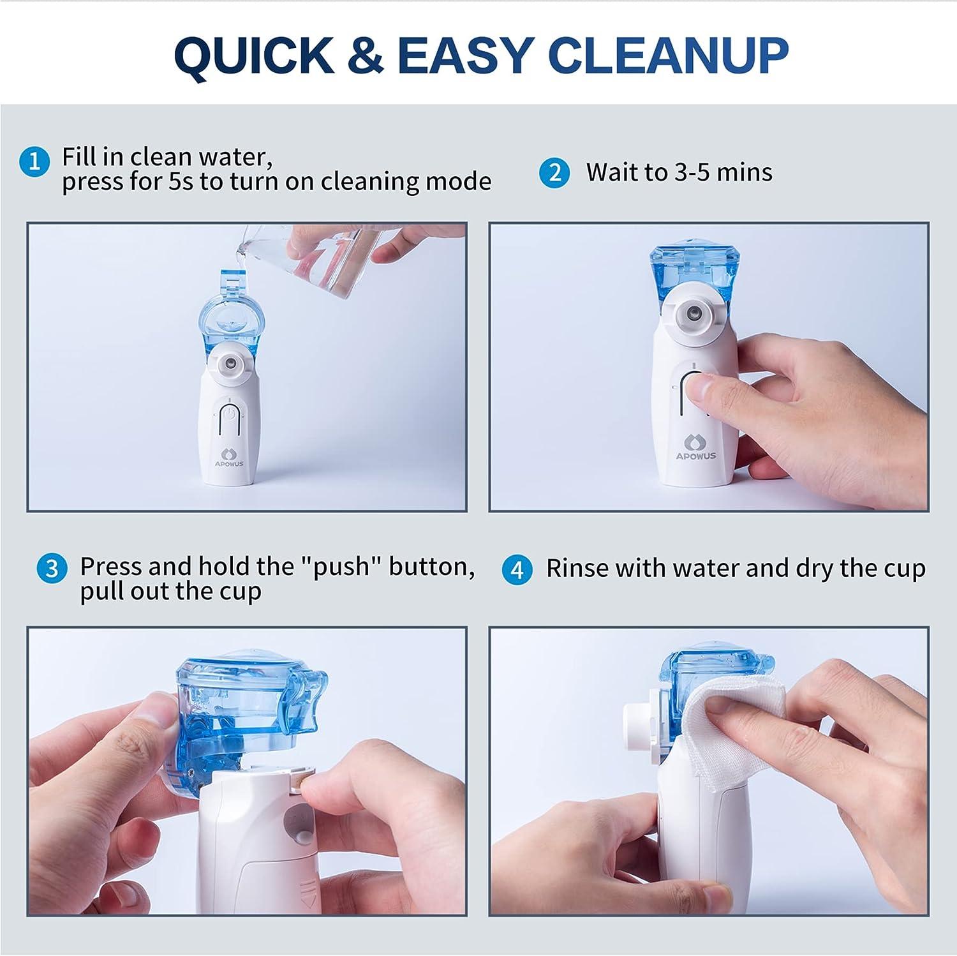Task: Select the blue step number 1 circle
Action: coord(34,161)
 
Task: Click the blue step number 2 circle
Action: coord(554,173)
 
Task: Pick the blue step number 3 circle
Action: coord(52,569)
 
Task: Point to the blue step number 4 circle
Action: coord(517,570)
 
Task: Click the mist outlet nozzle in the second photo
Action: coord(693,313)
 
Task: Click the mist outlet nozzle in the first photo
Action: coord(228,364)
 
